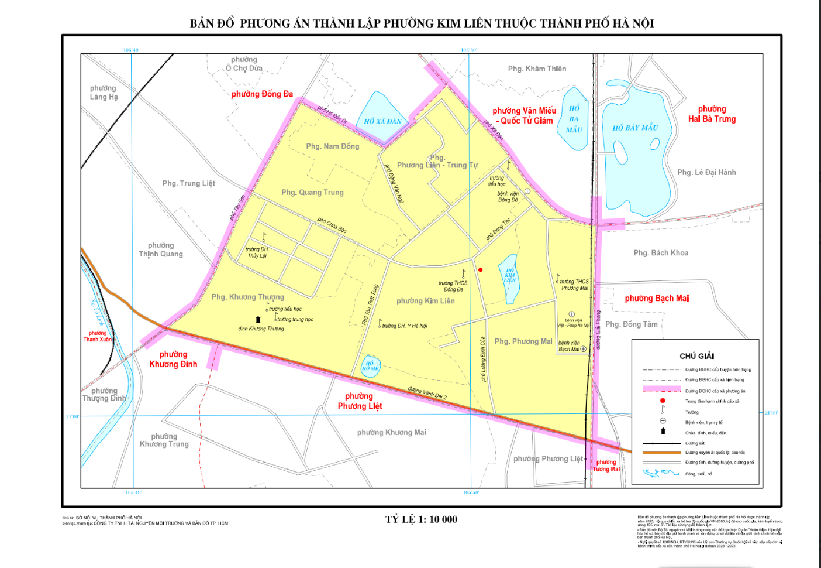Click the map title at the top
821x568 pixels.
[422, 23]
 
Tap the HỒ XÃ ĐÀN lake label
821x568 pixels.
[382, 121]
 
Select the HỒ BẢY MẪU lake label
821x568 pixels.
[635, 128]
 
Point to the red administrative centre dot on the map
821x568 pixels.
[481, 270]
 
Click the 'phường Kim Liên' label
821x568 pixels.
[425, 301]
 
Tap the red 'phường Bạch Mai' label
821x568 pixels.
[657, 298]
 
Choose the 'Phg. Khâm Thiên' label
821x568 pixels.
[537, 69]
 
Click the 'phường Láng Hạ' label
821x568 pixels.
[104, 93]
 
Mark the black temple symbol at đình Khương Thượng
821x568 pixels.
[258, 319]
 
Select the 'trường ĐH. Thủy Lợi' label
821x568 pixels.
[257, 252]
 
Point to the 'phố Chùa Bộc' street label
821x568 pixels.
[332, 225]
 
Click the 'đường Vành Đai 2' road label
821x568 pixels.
[427, 393]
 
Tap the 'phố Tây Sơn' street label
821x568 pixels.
[237, 208]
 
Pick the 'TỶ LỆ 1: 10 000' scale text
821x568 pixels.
[421, 519]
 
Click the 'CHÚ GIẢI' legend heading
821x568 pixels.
[696, 356]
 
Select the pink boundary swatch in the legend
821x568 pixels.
[662, 389]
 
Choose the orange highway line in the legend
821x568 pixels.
[662, 453]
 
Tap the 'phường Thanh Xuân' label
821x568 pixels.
[98, 336]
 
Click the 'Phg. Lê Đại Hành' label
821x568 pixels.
[706, 172]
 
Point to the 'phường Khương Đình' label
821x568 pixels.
[173, 359]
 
